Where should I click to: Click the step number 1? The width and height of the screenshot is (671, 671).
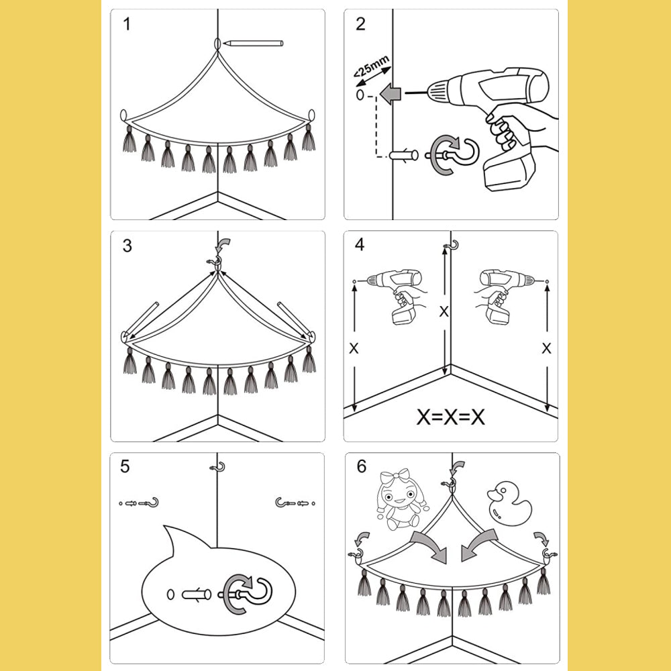[127, 25]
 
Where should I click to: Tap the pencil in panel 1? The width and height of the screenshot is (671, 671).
[253, 43]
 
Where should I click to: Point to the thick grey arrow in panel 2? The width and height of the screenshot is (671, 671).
[390, 93]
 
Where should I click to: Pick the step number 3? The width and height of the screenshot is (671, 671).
[127, 246]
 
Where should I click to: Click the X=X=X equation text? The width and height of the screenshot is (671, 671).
[450, 417]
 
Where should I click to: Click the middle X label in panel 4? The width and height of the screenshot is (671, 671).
[443, 311]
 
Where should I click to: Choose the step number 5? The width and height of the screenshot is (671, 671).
[125, 466]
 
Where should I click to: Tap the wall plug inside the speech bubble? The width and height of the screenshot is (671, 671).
[197, 594]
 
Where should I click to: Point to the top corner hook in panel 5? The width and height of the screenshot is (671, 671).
[217, 467]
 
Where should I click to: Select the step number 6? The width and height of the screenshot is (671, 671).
[362, 466]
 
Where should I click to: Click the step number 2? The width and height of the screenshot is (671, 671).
[361, 25]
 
